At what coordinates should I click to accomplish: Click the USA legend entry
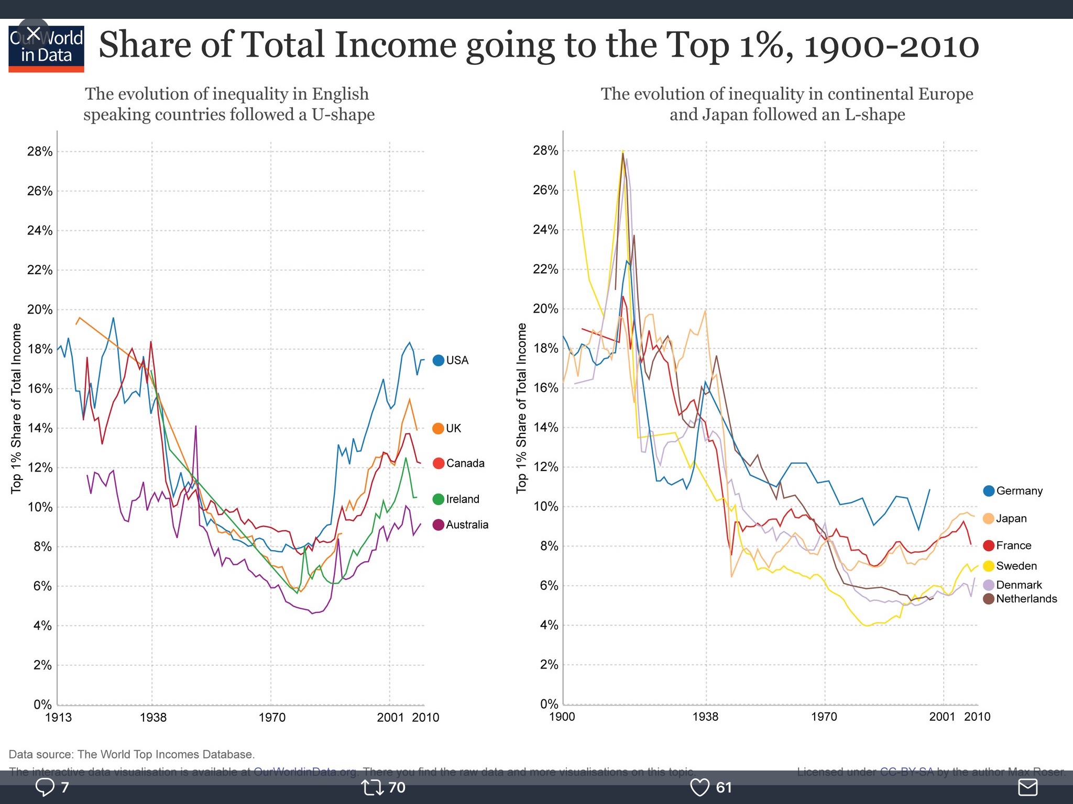pyautogui.click(x=451, y=360)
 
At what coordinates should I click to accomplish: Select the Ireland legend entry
pyautogui.click(x=456, y=499)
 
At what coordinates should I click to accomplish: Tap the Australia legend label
pyautogui.click(x=467, y=524)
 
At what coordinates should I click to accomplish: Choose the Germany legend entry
pyautogui.click(x=1013, y=490)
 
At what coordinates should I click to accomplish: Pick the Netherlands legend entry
pyautogui.click(x=1020, y=599)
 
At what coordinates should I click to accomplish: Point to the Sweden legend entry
pyautogui.click(x=1010, y=566)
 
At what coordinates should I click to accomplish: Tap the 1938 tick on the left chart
pyautogui.click(x=153, y=717)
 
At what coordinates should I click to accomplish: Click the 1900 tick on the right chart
pyautogui.click(x=562, y=717)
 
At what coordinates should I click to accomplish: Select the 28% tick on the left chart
pyautogui.click(x=40, y=152)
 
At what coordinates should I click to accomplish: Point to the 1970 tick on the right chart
pyautogui.click(x=824, y=717)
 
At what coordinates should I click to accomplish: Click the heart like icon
pyautogui.click(x=699, y=787)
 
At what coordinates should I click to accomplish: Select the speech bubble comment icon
pyautogui.click(x=45, y=787)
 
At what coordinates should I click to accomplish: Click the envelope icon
pyautogui.click(x=1027, y=787)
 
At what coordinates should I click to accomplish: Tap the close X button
pyautogui.click(x=33, y=34)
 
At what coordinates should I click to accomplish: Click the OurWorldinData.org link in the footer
pyautogui.click(x=304, y=772)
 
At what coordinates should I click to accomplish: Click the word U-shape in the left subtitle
pyautogui.click(x=343, y=115)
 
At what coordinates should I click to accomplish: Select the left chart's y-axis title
pyautogui.click(x=17, y=408)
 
